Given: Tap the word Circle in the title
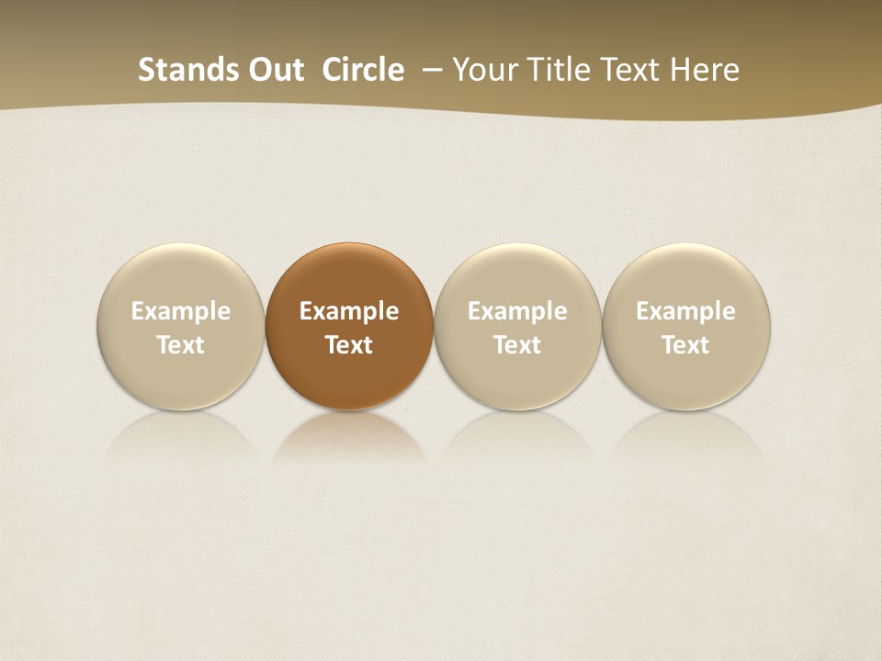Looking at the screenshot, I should tap(363, 70).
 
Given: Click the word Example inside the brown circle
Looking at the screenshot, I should tap(349, 311).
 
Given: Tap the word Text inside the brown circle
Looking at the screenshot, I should tap(349, 345).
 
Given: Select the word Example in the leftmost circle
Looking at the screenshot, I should tap(181, 311).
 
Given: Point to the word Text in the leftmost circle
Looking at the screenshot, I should tap(181, 345).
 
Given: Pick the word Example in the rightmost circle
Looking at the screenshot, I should tap(686, 311).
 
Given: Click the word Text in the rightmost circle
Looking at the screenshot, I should tap(686, 345).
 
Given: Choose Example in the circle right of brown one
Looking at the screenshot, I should tap(517, 311).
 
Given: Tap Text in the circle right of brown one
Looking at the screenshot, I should tap(517, 345).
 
